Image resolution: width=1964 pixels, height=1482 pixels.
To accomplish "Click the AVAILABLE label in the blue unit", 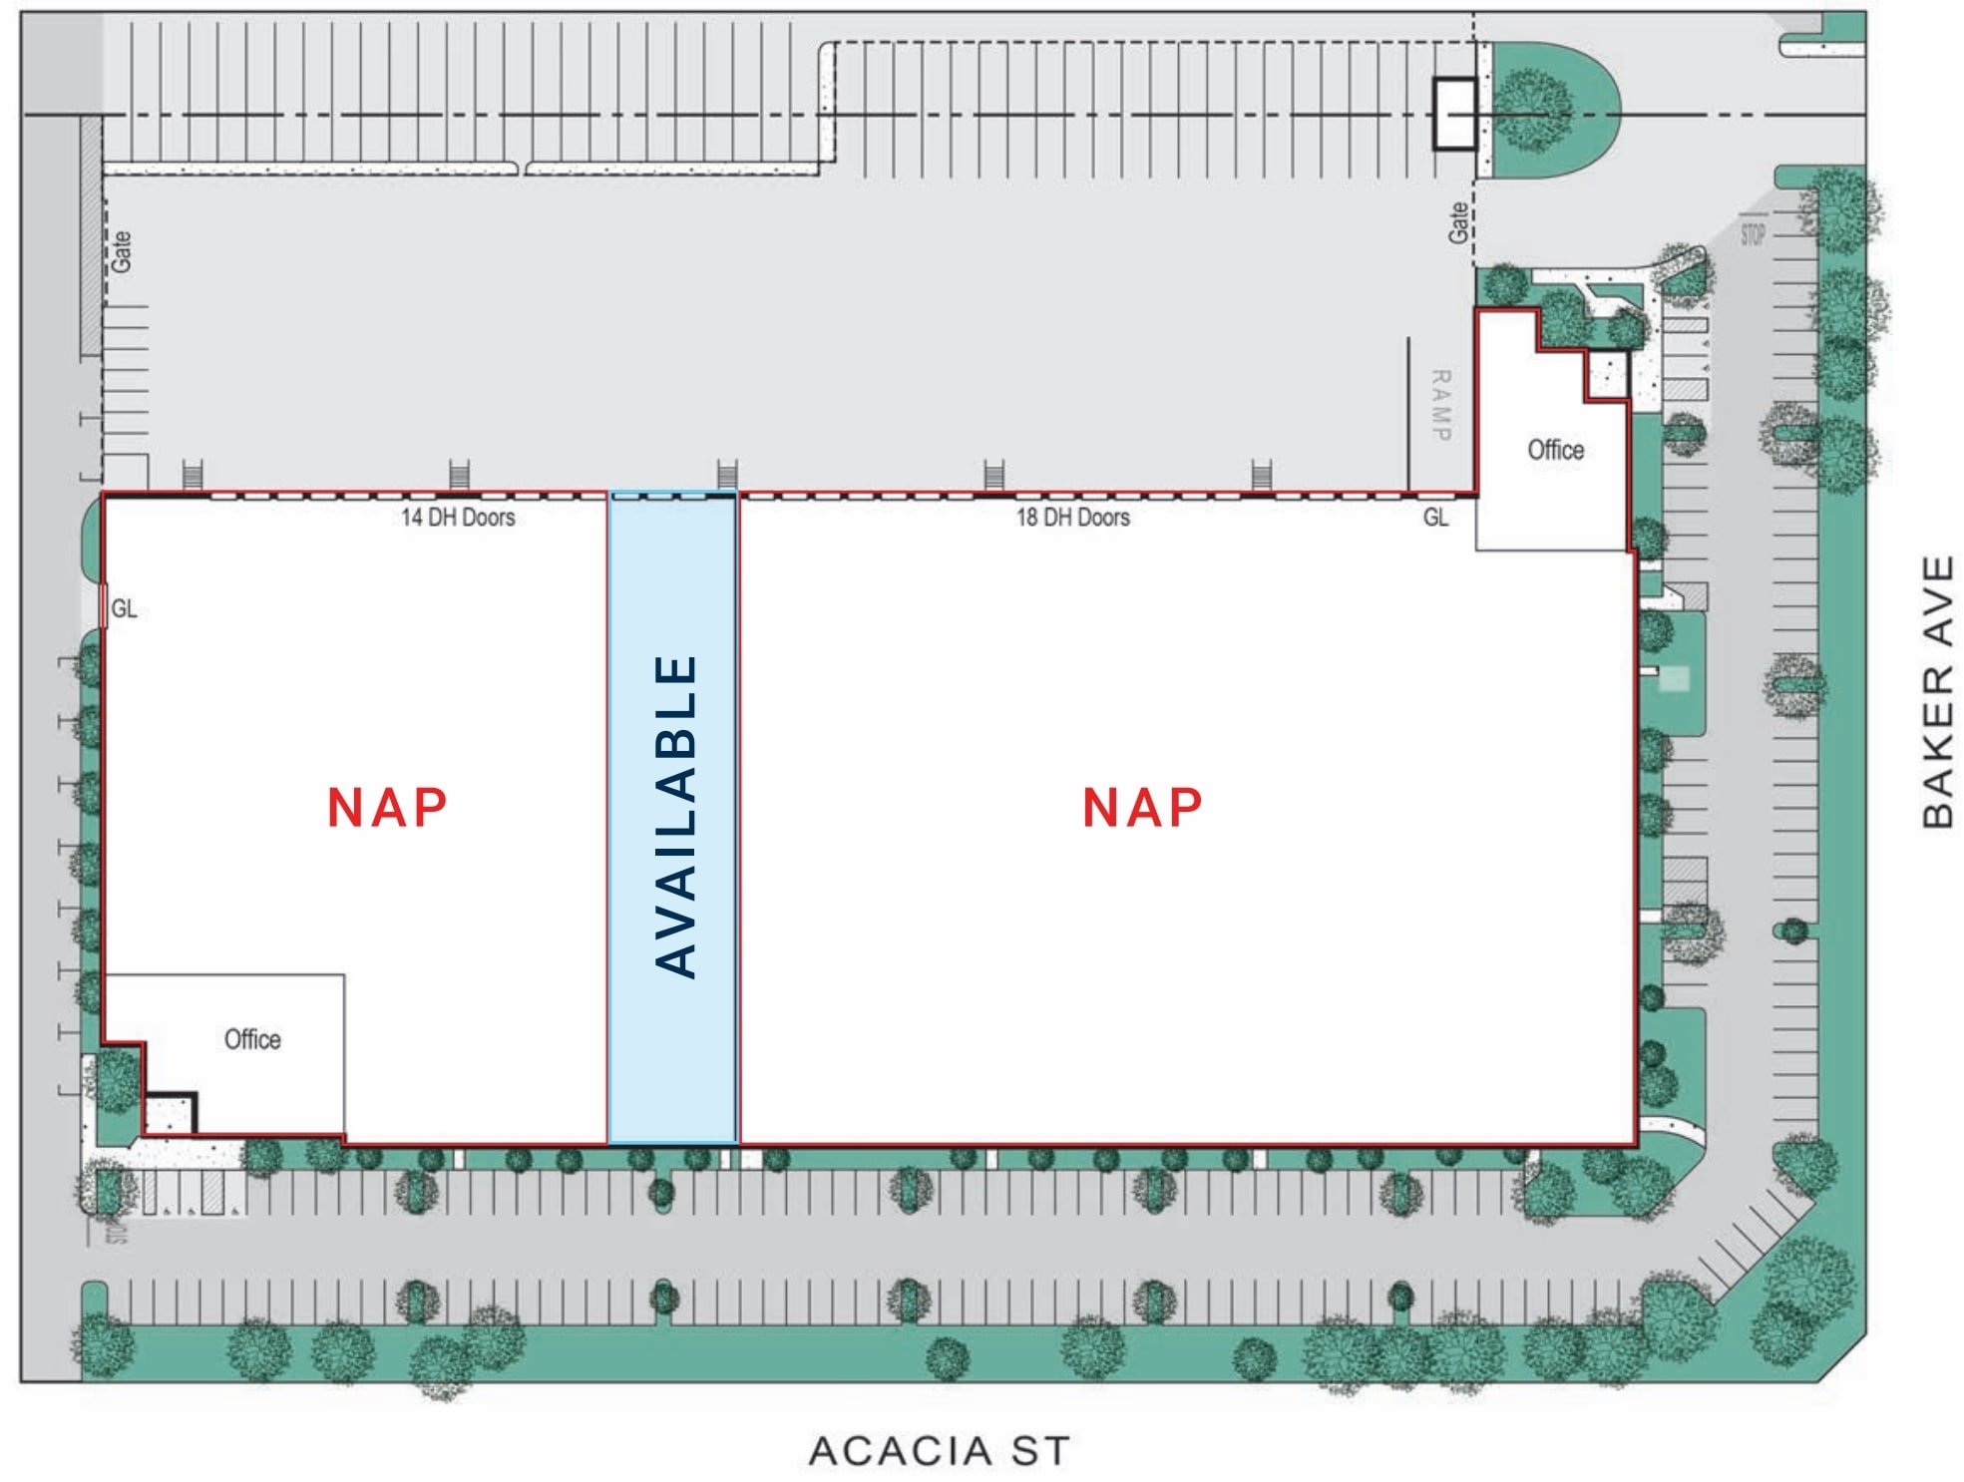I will point(675,815).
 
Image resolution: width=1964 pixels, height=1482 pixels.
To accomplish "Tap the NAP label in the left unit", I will point(387,807).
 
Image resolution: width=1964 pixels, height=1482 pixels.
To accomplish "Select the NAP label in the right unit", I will point(1142,807).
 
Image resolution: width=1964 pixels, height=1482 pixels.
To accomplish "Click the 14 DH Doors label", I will point(458,517).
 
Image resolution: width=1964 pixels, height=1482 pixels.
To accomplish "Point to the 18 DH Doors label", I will point(1072,517).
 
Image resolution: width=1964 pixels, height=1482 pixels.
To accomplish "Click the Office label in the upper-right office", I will point(1555,450).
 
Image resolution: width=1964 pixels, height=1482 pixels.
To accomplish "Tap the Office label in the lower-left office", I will point(252,1039).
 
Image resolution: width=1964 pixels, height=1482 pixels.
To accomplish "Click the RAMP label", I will point(1440,405).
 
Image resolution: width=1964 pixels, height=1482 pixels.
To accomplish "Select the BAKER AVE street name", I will point(1937,691).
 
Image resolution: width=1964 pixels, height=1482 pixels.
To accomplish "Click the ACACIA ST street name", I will point(939,1451).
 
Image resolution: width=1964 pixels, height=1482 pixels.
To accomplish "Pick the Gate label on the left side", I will point(121,251).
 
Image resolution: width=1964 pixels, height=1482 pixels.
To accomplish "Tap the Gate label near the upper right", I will point(1458,222).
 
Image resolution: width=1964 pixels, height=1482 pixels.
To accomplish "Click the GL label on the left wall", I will point(124,608).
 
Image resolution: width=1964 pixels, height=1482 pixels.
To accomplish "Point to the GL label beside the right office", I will point(1435,517).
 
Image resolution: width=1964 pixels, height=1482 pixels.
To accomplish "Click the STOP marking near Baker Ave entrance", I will point(1753,234).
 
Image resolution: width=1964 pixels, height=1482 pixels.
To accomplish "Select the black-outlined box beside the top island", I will point(1454,114).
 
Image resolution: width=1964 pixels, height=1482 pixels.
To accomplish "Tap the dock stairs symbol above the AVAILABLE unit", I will point(727,475).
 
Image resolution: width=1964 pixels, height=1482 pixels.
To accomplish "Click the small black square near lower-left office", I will point(171,1112).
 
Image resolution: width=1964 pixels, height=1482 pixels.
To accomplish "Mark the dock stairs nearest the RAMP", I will point(1261,475).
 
